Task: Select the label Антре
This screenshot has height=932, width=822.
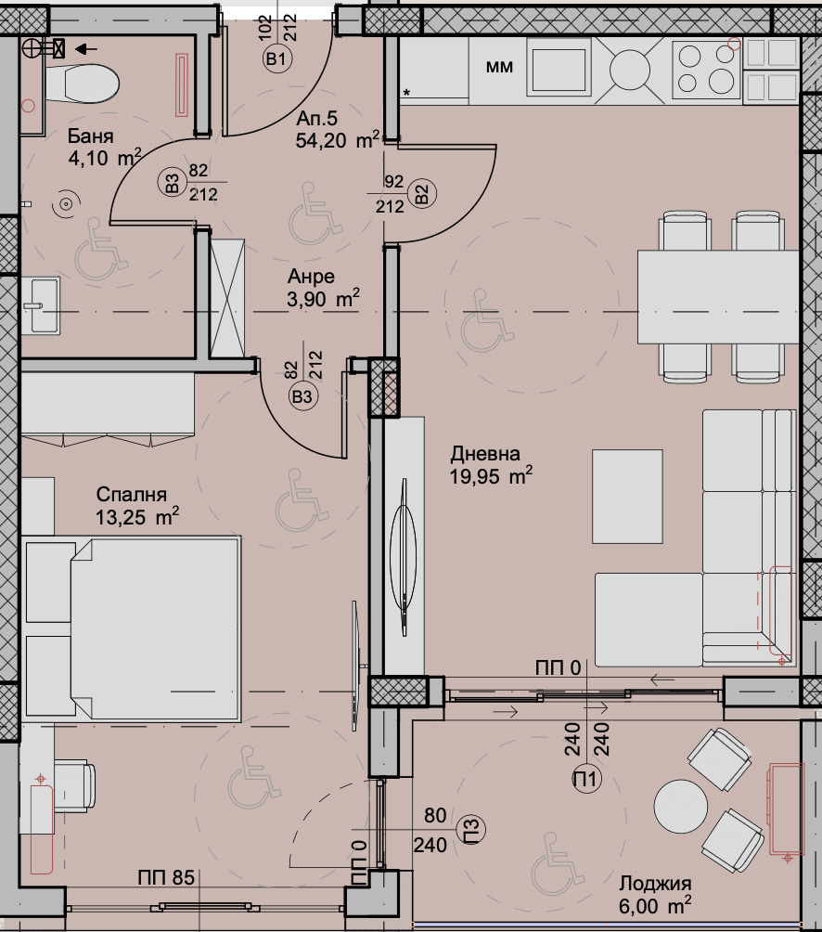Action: (x=311, y=277)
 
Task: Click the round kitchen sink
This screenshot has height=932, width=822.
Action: (x=633, y=68)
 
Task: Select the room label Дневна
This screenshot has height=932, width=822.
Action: (x=485, y=454)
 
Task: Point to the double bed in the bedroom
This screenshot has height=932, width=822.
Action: (x=139, y=628)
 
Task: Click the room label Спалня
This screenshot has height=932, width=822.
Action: (x=130, y=495)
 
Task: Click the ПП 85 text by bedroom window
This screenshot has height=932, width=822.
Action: (x=166, y=877)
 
